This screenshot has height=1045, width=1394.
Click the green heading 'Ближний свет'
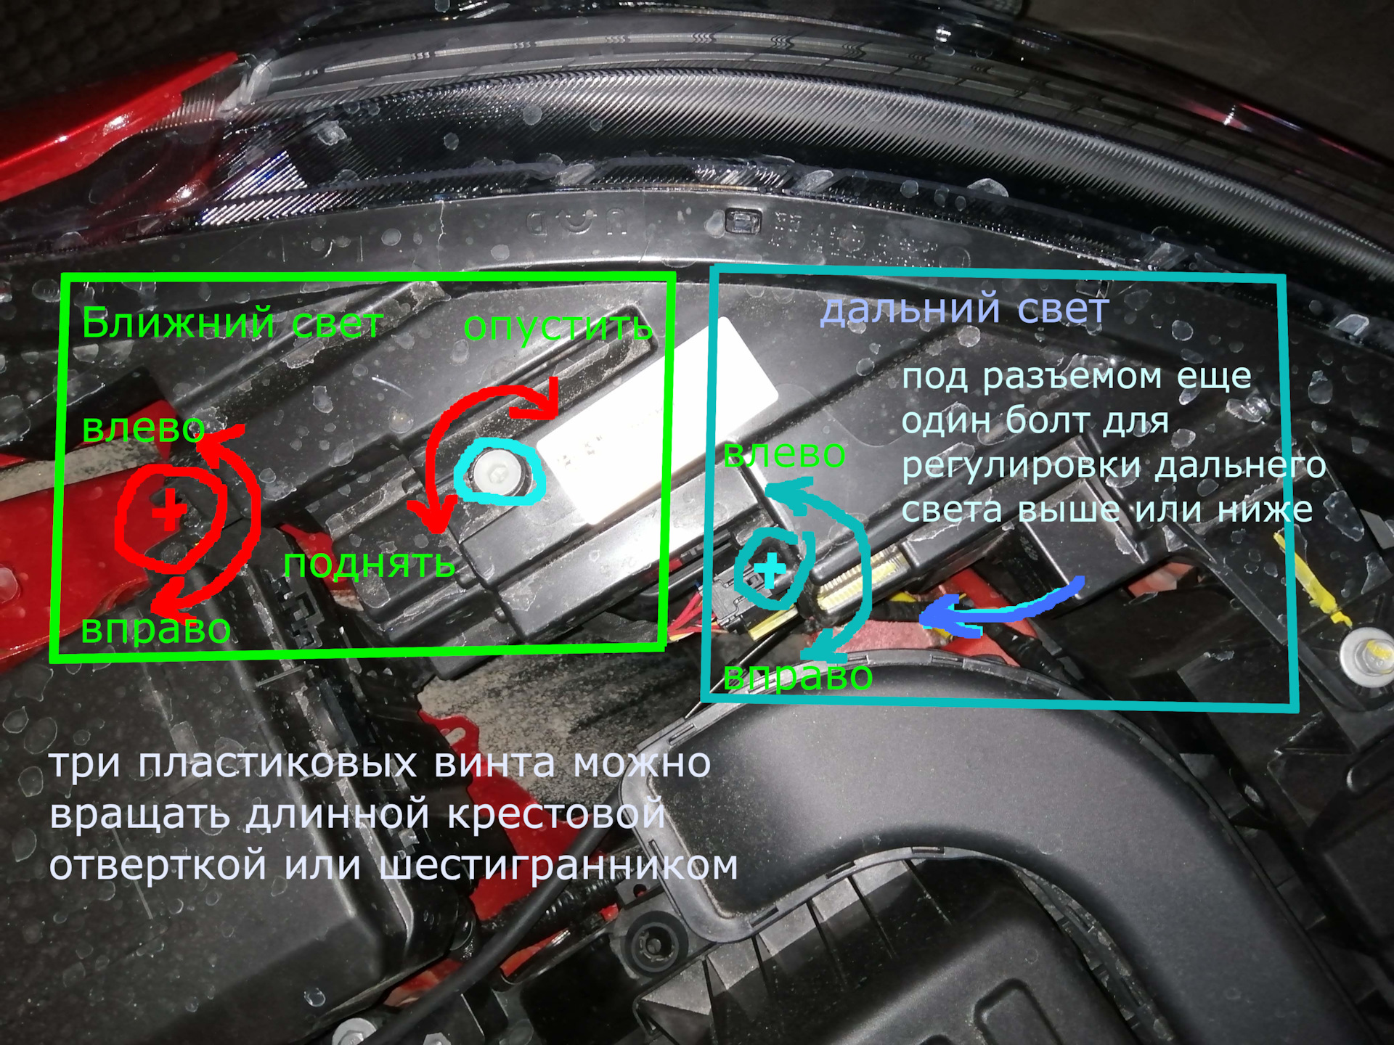232,323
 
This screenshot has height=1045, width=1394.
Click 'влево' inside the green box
143,428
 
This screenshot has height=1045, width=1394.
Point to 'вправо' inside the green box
155,628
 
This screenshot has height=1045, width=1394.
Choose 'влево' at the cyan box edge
784,454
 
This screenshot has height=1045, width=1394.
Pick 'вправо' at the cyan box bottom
797,676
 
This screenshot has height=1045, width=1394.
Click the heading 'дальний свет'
964,308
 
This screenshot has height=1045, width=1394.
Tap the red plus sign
169,509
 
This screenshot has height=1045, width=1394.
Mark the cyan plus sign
770,570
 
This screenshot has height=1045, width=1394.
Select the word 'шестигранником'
558,866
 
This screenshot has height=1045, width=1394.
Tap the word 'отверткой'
158,866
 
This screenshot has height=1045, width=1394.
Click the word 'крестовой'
556,815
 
